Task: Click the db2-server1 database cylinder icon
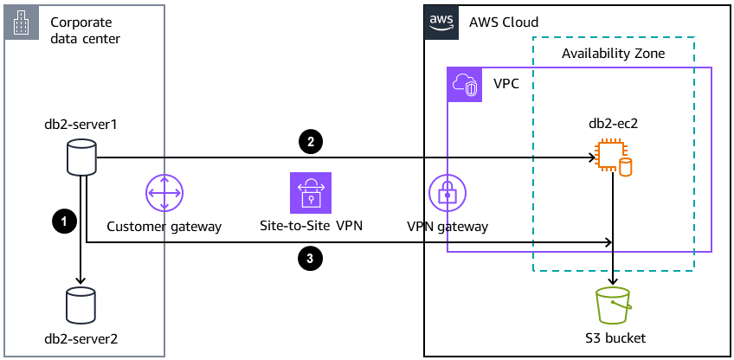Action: (81, 158)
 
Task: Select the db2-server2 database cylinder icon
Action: (81, 305)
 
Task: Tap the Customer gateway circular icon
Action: (164, 192)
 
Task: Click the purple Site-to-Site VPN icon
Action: (310, 192)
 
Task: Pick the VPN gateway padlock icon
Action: (447, 192)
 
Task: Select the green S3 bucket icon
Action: (614, 305)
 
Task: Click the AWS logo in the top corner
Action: (440, 21)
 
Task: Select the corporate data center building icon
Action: (21, 22)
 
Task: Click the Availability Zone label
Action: (613, 54)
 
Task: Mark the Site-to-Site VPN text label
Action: (310, 227)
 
